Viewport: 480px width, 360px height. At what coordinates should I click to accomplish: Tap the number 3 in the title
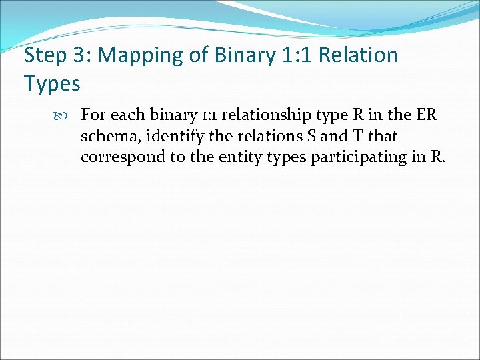click(x=78, y=55)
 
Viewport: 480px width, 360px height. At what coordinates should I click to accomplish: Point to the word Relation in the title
click(x=358, y=55)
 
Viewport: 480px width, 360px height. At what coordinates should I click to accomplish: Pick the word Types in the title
click(x=52, y=84)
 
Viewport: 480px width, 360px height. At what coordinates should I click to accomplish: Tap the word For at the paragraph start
click(x=94, y=115)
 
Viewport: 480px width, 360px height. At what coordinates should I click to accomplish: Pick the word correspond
click(x=119, y=158)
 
